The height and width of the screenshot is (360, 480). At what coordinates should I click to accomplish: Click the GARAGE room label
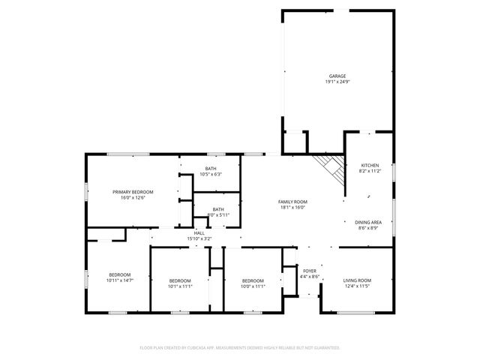click(x=337, y=76)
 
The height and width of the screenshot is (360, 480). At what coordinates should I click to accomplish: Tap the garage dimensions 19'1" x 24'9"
click(x=337, y=82)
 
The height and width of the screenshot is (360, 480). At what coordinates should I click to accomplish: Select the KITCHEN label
click(x=370, y=165)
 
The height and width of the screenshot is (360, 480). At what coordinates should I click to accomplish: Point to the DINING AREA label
click(x=369, y=222)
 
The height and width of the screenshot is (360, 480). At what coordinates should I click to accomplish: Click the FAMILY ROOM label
click(x=292, y=202)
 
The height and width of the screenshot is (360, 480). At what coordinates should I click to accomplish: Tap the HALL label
click(x=199, y=233)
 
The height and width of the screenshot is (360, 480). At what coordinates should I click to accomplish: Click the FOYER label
click(x=310, y=271)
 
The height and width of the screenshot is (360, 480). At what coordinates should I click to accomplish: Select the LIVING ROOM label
click(x=358, y=280)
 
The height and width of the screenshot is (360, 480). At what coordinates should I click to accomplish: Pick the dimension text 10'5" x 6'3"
click(x=211, y=175)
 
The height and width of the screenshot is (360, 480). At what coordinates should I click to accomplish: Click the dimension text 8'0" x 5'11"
click(x=218, y=215)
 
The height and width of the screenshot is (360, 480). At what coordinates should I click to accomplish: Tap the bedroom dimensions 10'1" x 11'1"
click(x=181, y=286)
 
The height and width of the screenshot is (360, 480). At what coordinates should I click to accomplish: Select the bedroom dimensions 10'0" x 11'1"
click(x=253, y=286)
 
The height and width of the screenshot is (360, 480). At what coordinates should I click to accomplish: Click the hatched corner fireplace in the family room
click(x=331, y=166)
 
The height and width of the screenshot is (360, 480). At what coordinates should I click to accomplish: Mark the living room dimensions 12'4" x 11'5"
click(x=358, y=286)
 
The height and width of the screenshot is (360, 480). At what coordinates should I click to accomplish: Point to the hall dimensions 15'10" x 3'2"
click(x=199, y=239)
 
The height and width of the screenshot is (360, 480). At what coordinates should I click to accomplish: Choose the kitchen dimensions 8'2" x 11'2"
click(x=370, y=171)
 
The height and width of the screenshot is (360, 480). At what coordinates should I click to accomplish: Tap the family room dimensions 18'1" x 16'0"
click(x=292, y=208)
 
